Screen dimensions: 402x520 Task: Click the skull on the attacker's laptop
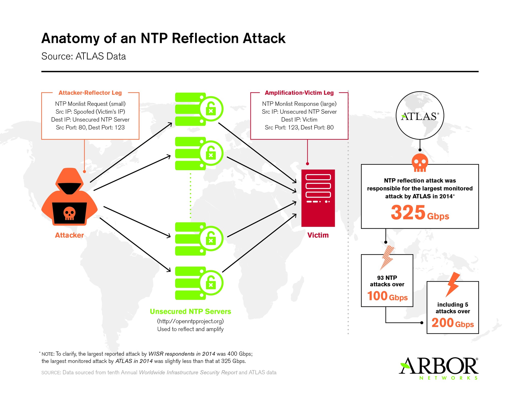pyautogui.click(x=69, y=213)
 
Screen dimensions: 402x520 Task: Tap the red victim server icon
pyautogui.click(x=318, y=198)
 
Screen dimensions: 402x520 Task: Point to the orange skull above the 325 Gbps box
pyautogui.click(x=420, y=162)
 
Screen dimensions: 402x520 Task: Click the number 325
pyautogui.click(x=408, y=213)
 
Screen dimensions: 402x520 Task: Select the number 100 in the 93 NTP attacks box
pyautogui.click(x=377, y=296)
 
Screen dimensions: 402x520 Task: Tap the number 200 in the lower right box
pyautogui.click(x=442, y=323)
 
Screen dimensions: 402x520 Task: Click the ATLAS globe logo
pyautogui.click(x=420, y=116)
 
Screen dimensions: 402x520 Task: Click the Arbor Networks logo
pyautogui.click(x=439, y=368)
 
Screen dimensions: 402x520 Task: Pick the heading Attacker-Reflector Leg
pyautogui.click(x=90, y=93)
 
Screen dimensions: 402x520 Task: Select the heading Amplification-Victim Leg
pyautogui.click(x=299, y=93)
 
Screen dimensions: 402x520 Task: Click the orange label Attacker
pyautogui.click(x=69, y=235)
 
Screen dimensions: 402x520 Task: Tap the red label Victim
pyautogui.click(x=318, y=235)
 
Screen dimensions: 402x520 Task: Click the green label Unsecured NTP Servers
pyautogui.click(x=190, y=311)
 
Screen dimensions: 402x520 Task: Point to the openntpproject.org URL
pyautogui.click(x=190, y=321)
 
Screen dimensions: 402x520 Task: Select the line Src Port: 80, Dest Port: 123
pyautogui.click(x=90, y=128)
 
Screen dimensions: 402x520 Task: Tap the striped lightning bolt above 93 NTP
pyautogui.click(x=387, y=257)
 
